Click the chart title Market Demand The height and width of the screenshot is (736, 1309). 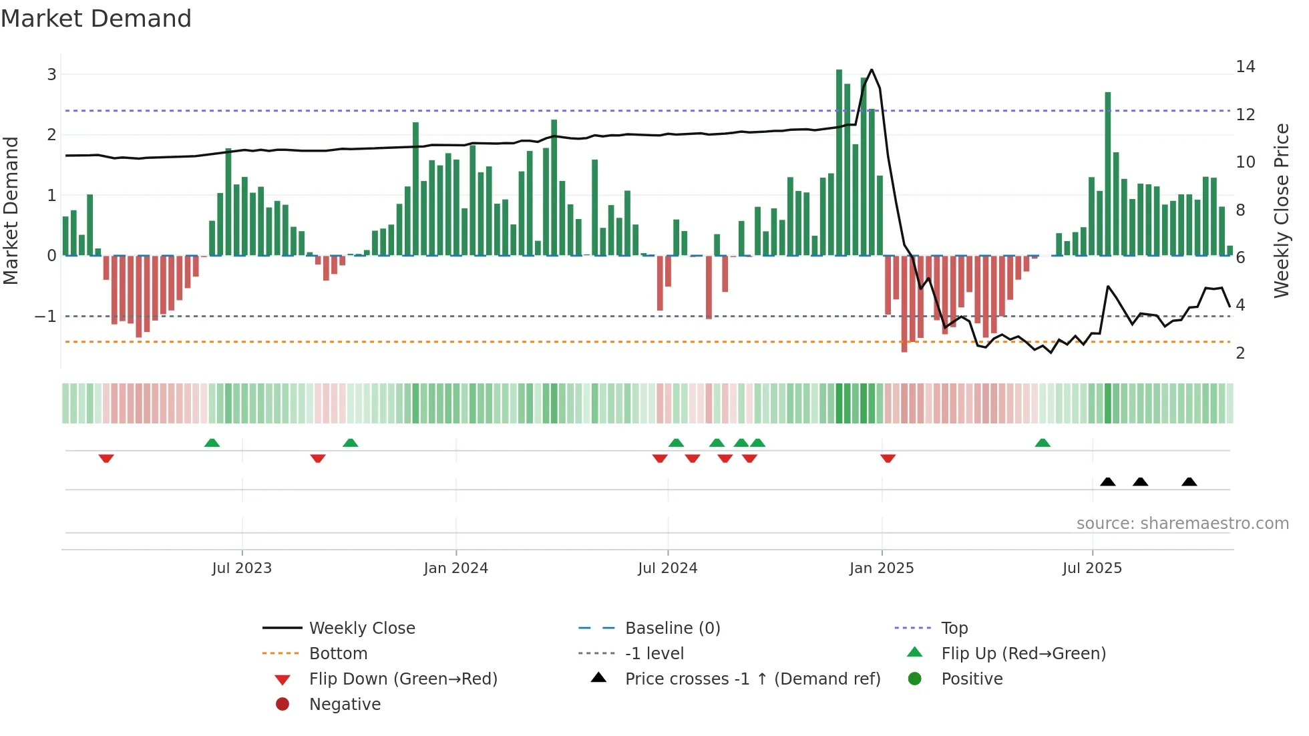click(x=96, y=18)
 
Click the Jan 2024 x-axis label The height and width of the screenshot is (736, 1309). click(x=455, y=568)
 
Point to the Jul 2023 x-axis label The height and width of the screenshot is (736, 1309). click(x=242, y=568)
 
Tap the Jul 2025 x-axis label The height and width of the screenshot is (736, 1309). click(x=1092, y=568)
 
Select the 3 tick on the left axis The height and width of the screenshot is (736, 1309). click(x=51, y=74)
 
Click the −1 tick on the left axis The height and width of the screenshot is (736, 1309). click(x=46, y=316)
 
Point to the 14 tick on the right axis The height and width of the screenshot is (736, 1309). click(x=1245, y=66)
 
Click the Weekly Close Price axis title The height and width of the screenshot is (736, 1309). click(x=1281, y=210)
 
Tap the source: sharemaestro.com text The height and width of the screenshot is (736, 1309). click(x=1182, y=523)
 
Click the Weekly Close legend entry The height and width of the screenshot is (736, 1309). click(x=361, y=628)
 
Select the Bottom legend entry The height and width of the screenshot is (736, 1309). click(x=338, y=653)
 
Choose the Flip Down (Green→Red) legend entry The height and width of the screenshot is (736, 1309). click(x=403, y=679)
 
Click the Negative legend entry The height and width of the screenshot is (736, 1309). click(x=345, y=704)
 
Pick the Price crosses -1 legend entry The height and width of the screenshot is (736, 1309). click(x=752, y=679)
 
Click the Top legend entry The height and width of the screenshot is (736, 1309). click(x=954, y=628)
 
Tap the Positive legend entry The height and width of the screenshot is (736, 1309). click(x=972, y=679)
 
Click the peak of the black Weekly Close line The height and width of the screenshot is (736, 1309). click(x=872, y=70)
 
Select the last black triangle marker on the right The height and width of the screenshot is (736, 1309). click(x=1189, y=482)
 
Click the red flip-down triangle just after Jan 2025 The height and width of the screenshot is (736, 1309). click(x=888, y=458)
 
